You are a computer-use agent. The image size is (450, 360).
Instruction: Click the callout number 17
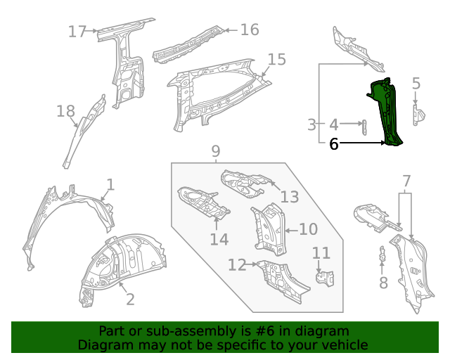77,31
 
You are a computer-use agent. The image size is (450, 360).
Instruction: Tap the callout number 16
250,30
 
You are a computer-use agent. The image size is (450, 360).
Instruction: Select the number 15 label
277,60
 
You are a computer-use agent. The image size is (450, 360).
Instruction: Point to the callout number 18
65,111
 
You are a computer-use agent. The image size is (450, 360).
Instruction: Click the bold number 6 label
334,144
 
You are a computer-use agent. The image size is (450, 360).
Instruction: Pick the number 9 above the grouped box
215,150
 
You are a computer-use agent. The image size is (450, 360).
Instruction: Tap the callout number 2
130,300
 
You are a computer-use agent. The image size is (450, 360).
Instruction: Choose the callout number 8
383,283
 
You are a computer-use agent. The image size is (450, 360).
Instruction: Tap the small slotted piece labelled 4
364,127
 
